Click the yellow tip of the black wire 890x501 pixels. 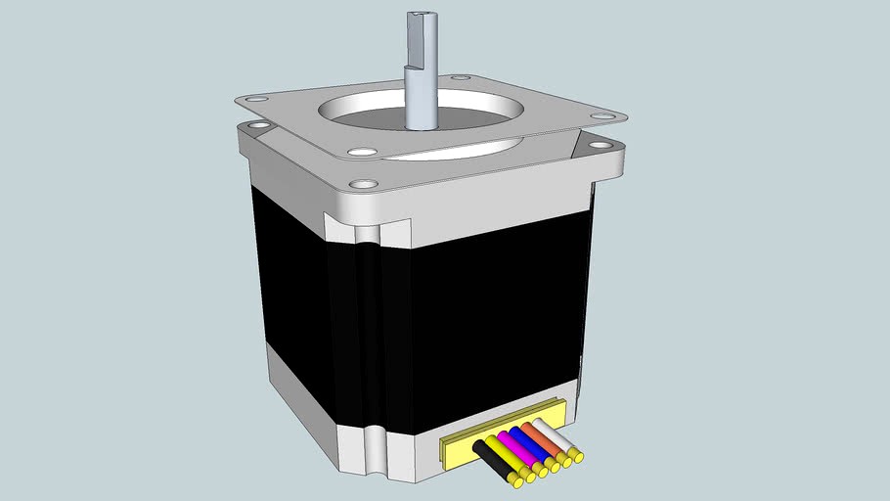coord(514,480)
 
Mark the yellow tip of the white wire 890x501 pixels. coord(579,455)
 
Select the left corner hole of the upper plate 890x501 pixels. coord(258,100)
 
